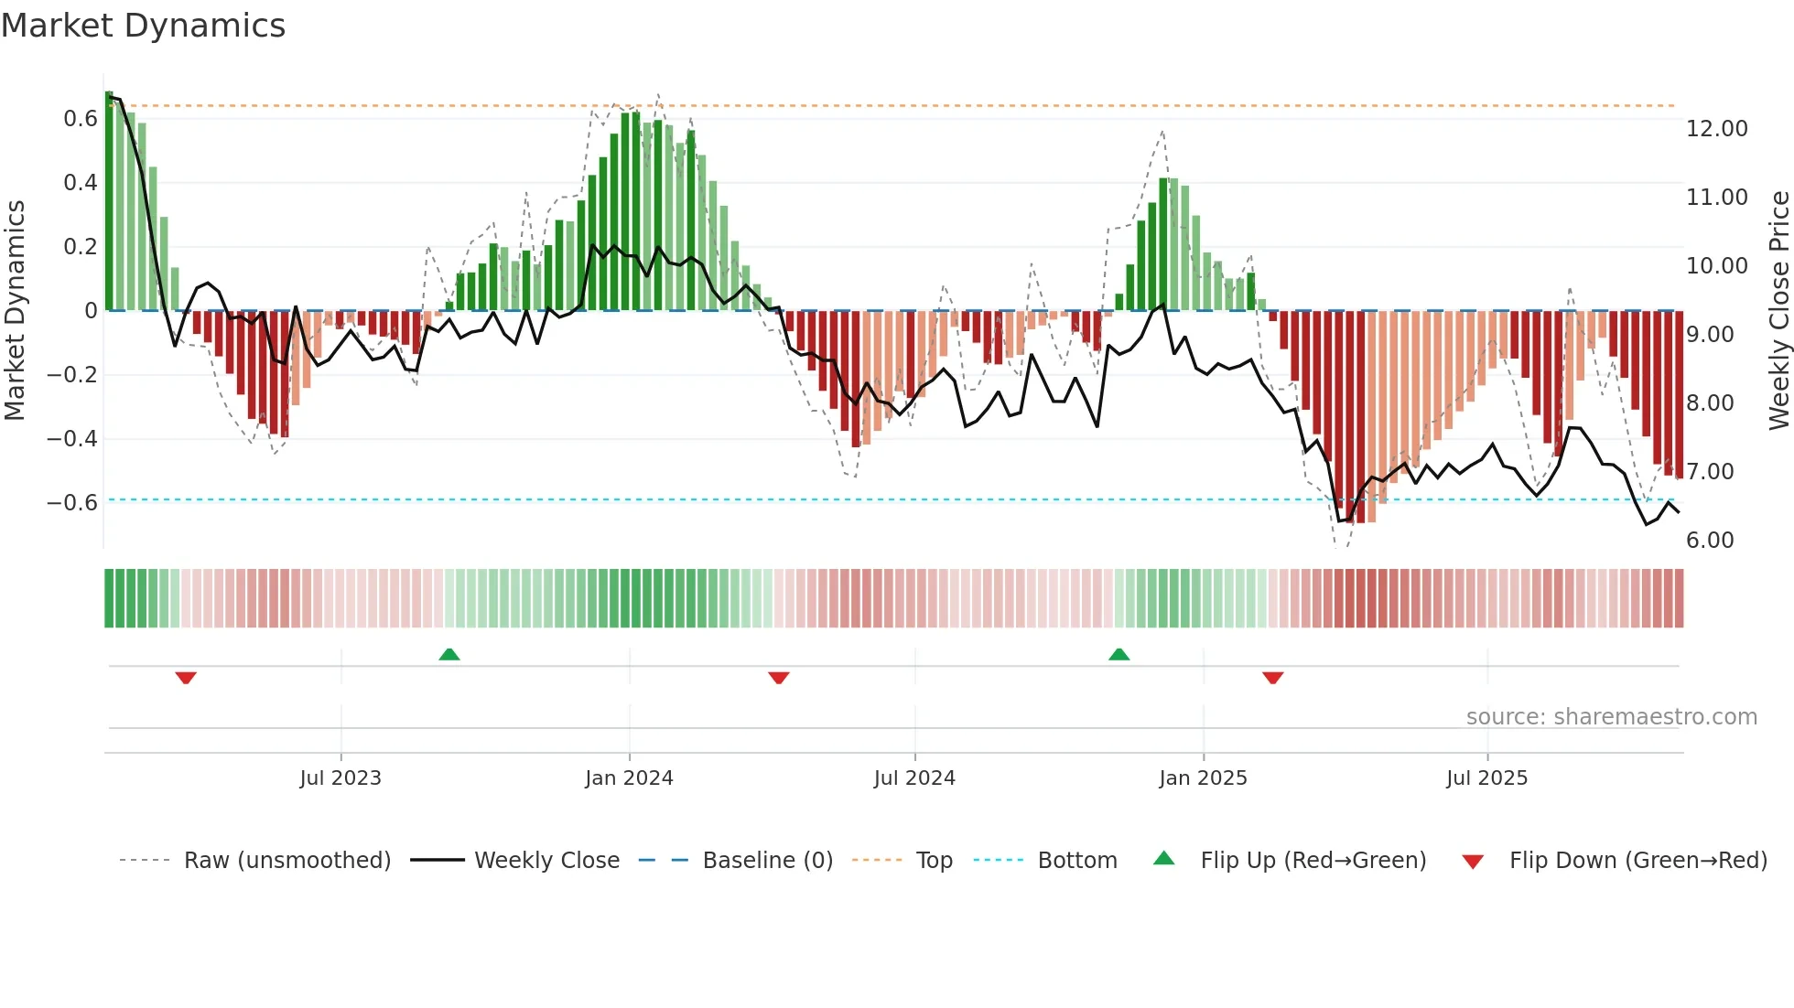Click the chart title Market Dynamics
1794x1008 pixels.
pyautogui.click(x=143, y=26)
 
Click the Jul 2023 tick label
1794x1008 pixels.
pyautogui.click(x=340, y=778)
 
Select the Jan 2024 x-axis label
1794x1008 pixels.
pyautogui.click(x=629, y=778)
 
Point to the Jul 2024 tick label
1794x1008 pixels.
pyautogui.click(x=914, y=778)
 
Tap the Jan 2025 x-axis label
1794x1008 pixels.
pyautogui.click(x=1203, y=778)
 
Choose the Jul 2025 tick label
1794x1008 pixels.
pyautogui.click(x=1486, y=778)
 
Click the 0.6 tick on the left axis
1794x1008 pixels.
pyautogui.click(x=81, y=119)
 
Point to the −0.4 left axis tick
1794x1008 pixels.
pyautogui.click(x=72, y=439)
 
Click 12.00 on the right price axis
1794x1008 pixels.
pyautogui.click(x=1716, y=129)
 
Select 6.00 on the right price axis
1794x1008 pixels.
pyautogui.click(x=1710, y=541)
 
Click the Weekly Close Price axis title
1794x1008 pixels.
pyautogui.click(x=1778, y=311)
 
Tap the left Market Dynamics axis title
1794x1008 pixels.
pyautogui.click(x=15, y=311)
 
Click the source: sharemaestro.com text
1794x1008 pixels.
pyautogui.click(x=1611, y=717)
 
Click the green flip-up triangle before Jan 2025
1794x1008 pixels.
pyautogui.click(x=1119, y=654)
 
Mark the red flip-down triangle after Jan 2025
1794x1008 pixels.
pyautogui.click(x=1272, y=678)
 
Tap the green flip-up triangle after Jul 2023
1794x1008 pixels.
pyautogui.click(x=448, y=654)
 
